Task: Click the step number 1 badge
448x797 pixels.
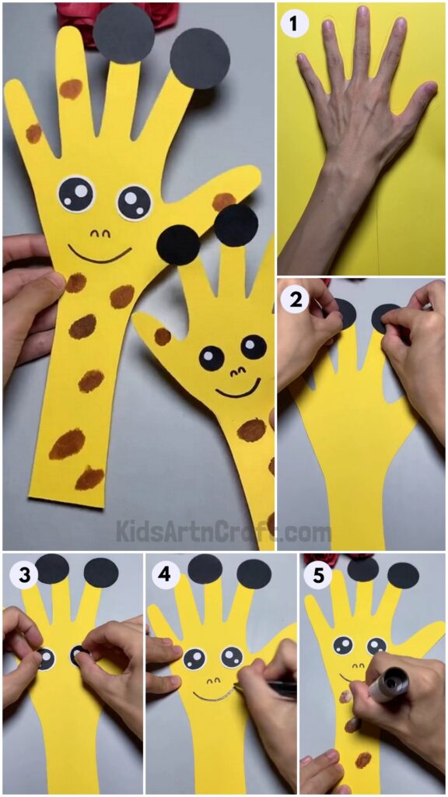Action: [x=294, y=24]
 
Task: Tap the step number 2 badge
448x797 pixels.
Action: [x=295, y=299]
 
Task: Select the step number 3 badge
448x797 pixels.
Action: [x=22, y=577]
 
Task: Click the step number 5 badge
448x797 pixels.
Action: [x=317, y=577]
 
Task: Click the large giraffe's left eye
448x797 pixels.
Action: [x=75, y=191]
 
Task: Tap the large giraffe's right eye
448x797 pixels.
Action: [x=134, y=202]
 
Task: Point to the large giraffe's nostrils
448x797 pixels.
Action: [x=100, y=232]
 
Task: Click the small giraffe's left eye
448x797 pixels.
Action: [x=212, y=357]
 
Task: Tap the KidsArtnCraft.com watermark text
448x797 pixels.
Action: [x=223, y=532]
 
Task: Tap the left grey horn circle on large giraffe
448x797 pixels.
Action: [x=124, y=33]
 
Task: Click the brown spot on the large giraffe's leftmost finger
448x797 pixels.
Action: [x=33, y=133]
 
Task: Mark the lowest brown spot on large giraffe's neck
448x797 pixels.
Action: [x=89, y=478]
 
